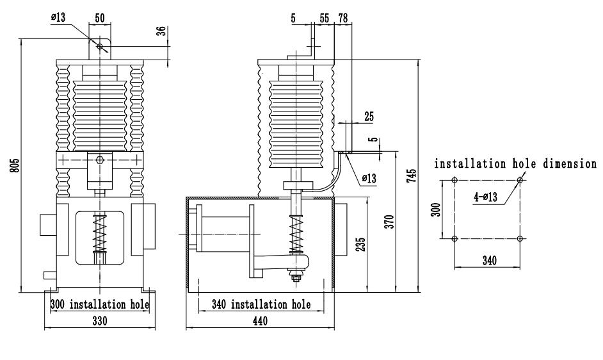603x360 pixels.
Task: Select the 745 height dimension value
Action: click(414, 174)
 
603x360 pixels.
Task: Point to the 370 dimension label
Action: click(392, 221)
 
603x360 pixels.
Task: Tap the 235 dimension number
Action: click(362, 244)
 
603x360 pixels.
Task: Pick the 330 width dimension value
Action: click(99, 321)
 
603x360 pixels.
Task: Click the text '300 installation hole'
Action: click(100, 304)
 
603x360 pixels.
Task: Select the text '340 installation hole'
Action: click(261, 304)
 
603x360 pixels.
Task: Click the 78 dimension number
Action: click(342, 19)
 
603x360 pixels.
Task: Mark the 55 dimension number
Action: click(325, 19)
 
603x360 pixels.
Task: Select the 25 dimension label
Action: click(368, 117)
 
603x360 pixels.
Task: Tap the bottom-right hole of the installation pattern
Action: click(520, 239)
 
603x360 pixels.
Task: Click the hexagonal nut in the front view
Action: click(100, 160)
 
